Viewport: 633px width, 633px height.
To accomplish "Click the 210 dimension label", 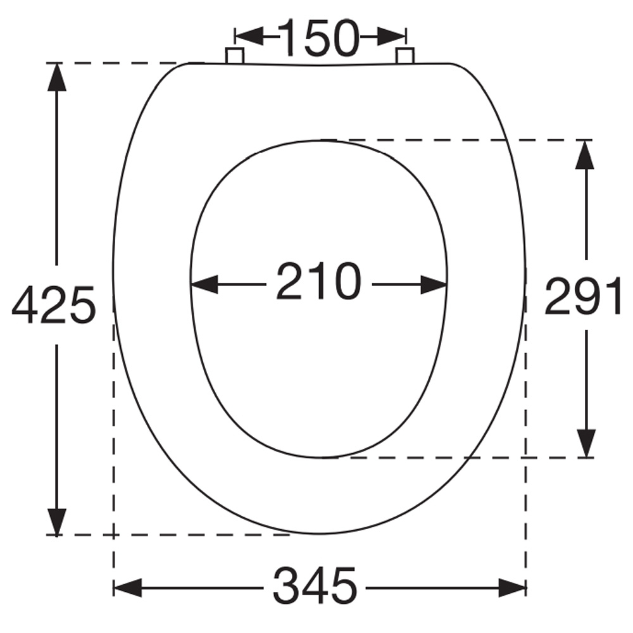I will (318, 282).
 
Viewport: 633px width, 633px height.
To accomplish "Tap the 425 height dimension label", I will (53, 304).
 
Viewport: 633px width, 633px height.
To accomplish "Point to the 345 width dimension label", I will (315, 586).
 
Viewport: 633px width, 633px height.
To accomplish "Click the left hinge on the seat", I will (235, 56).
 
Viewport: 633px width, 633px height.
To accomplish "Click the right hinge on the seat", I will (404, 56).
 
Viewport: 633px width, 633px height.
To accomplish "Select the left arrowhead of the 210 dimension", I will (204, 284).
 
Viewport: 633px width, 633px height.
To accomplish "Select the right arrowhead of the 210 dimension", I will (434, 285).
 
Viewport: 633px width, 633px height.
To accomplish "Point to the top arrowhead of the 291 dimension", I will (586, 154).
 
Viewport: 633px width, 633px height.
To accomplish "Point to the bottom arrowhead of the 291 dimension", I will (586, 442).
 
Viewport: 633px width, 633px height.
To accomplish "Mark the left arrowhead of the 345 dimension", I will (127, 587).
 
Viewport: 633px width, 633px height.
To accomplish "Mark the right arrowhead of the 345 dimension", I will (511, 587).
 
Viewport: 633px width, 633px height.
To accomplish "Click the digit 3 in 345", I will (286, 586).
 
